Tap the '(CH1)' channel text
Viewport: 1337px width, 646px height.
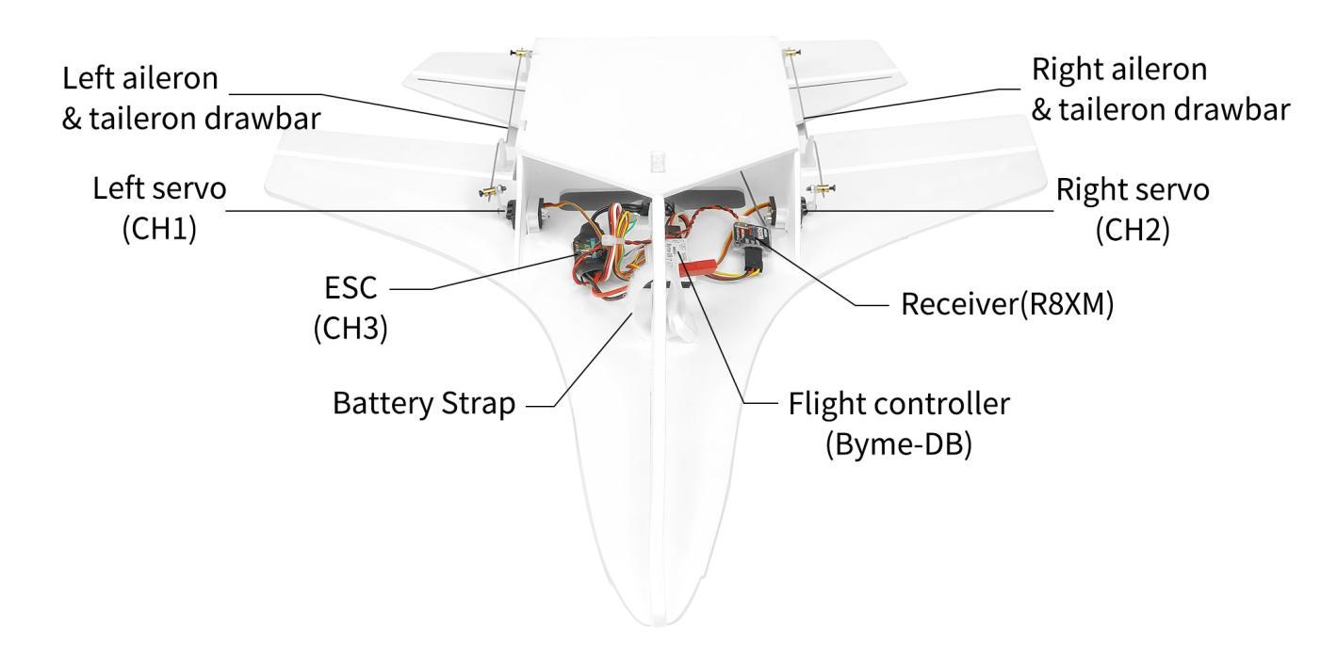[x=158, y=231]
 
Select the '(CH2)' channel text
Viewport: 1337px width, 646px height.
[x=1133, y=231]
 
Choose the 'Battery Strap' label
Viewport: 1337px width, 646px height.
[x=423, y=406]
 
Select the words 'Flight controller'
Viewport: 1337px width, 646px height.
[x=898, y=404]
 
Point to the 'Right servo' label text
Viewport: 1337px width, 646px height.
[x=1133, y=188]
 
